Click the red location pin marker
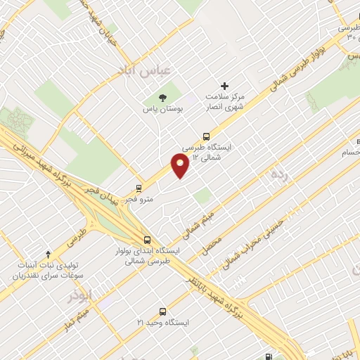(180, 166)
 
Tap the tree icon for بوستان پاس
(163, 97)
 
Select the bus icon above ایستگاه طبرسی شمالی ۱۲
(206, 136)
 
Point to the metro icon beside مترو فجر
(139, 188)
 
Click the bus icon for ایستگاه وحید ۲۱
(163, 311)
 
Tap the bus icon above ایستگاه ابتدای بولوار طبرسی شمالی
(146, 239)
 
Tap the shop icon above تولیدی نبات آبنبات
(48, 254)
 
